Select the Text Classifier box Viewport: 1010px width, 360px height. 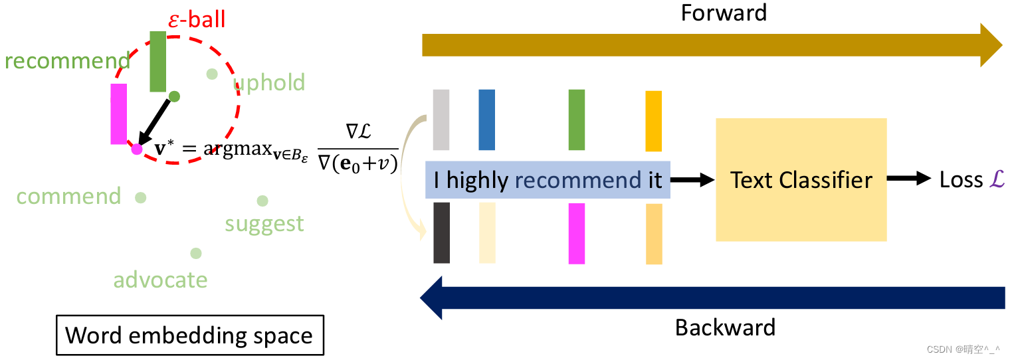(x=801, y=179)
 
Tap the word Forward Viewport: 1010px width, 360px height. (x=724, y=13)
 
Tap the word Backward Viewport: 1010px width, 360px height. (x=725, y=327)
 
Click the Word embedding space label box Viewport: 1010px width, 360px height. (x=189, y=335)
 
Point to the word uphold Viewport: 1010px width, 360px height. (x=269, y=83)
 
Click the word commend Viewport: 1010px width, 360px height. (x=68, y=197)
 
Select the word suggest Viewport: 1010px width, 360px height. (x=264, y=224)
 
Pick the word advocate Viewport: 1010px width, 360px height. (x=160, y=280)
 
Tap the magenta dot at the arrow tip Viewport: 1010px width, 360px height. (x=137, y=149)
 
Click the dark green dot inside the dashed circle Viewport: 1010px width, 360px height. (x=174, y=96)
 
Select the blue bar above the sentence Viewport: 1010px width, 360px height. (x=486, y=120)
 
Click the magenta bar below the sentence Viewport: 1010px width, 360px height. (x=577, y=233)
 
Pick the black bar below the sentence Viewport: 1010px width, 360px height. (x=441, y=232)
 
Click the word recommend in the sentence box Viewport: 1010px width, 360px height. (x=577, y=180)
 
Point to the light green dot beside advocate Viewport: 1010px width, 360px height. (x=195, y=253)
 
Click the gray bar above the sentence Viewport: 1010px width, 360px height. (x=441, y=120)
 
